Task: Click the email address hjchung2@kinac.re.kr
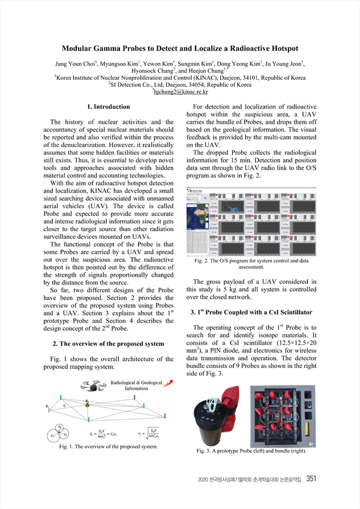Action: pos(181,92)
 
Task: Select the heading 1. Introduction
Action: pos(109,107)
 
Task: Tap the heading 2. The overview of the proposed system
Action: pos(108,343)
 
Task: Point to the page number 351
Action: pos(311,478)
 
